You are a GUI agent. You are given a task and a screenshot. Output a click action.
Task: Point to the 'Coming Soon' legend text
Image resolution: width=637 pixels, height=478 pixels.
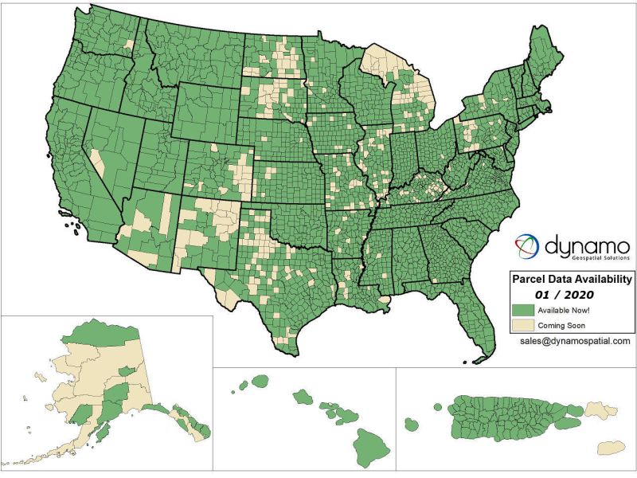561,325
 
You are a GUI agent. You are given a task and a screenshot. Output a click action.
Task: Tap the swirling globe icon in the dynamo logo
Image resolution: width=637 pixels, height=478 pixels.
526,246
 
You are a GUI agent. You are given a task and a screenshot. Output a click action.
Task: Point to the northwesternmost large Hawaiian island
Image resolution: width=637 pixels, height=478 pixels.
259,381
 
